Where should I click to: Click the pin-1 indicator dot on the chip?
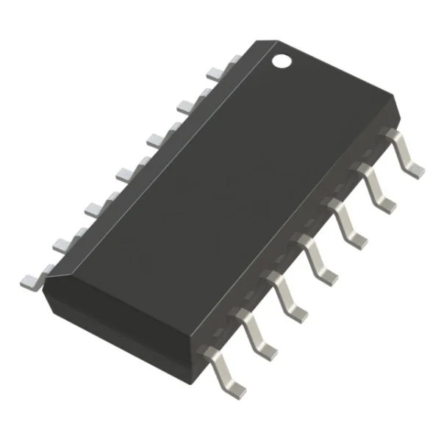pyautogui.click(x=282, y=60)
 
